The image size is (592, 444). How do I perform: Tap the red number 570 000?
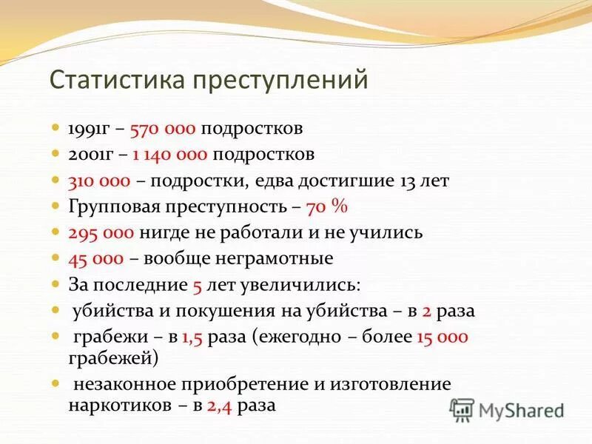163,129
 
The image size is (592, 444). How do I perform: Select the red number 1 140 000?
172,155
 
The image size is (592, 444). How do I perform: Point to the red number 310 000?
100,181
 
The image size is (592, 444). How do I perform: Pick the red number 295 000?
101,233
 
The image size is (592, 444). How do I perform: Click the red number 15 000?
442,337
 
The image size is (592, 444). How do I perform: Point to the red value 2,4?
221,406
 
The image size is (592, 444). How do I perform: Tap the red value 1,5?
192,337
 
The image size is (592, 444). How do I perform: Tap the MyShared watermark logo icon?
462,409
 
